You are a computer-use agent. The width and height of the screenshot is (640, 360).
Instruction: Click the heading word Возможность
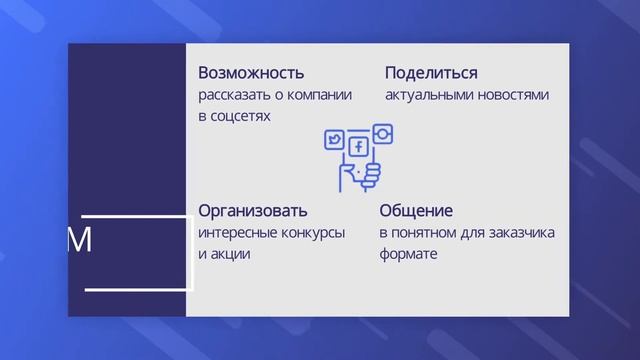point(251,74)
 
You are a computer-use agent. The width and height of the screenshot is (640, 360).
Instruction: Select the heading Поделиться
point(431,74)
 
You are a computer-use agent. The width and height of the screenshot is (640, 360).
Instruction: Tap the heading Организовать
point(253,212)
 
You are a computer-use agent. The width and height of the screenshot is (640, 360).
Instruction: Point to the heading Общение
point(416,212)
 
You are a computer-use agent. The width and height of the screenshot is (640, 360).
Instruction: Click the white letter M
point(79,240)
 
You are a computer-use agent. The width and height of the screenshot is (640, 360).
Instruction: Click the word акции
point(232,254)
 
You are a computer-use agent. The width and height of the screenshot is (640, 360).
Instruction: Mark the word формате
point(408,254)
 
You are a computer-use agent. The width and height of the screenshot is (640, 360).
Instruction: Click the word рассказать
point(233,96)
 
